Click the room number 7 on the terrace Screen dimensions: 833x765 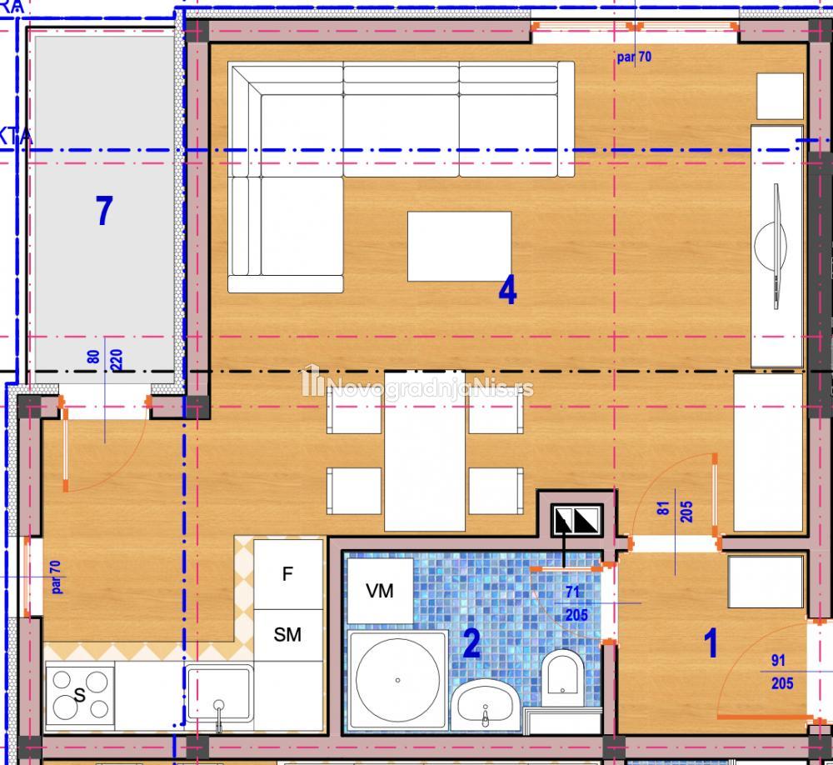[x=104, y=210]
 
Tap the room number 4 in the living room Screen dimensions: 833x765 [x=507, y=291]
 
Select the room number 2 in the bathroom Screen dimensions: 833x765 [x=471, y=643]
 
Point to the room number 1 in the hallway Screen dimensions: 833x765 [x=711, y=642]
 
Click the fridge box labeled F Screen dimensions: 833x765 [x=288, y=574]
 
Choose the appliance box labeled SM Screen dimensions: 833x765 [x=288, y=635]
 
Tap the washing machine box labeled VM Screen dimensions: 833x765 [x=380, y=591]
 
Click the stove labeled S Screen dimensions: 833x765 [x=80, y=694]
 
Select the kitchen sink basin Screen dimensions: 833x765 [x=219, y=694]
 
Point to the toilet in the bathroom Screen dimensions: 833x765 [x=562, y=677]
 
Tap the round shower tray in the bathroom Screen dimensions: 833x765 [x=397, y=680]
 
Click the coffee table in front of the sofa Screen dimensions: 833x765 [x=460, y=246]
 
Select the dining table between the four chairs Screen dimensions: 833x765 [x=425, y=451]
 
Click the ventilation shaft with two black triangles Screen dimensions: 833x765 [x=576, y=520]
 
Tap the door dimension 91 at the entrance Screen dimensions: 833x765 [x=778, y=660]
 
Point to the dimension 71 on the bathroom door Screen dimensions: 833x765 [x=573, y=592]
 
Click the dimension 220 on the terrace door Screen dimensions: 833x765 [x=117, y=359]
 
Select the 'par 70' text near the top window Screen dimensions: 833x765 [x=634, y=57]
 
